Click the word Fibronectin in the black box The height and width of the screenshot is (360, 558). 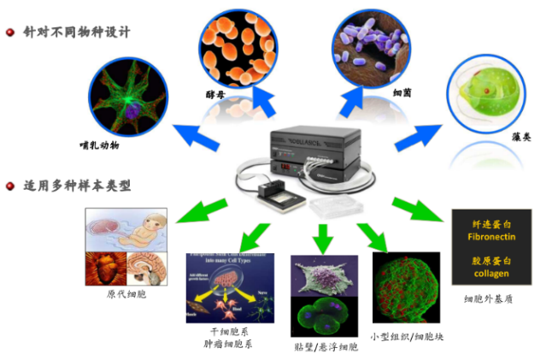[490, 235]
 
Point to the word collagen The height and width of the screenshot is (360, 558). [490, 274]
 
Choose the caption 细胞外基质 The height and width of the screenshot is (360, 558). [490, 299]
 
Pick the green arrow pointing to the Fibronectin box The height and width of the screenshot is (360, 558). [416, 210]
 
